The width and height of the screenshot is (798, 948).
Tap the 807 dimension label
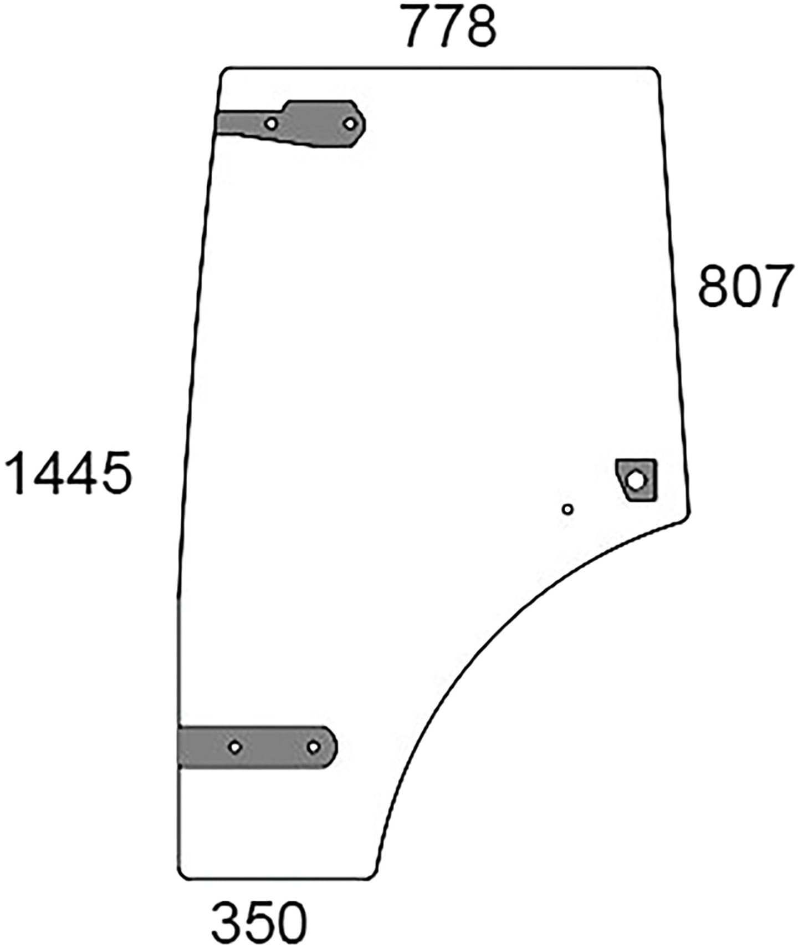click(745, 286)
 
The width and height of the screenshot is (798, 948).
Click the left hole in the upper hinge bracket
click(270, 124)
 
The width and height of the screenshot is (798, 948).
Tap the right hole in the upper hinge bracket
click(350, 123)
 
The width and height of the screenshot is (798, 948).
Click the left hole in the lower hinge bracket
click(235, 747)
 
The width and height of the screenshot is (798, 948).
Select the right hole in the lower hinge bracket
click(313, 747)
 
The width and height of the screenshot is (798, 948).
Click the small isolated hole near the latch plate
click(567, 509)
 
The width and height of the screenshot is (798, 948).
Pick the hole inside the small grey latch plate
click(636, 480)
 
